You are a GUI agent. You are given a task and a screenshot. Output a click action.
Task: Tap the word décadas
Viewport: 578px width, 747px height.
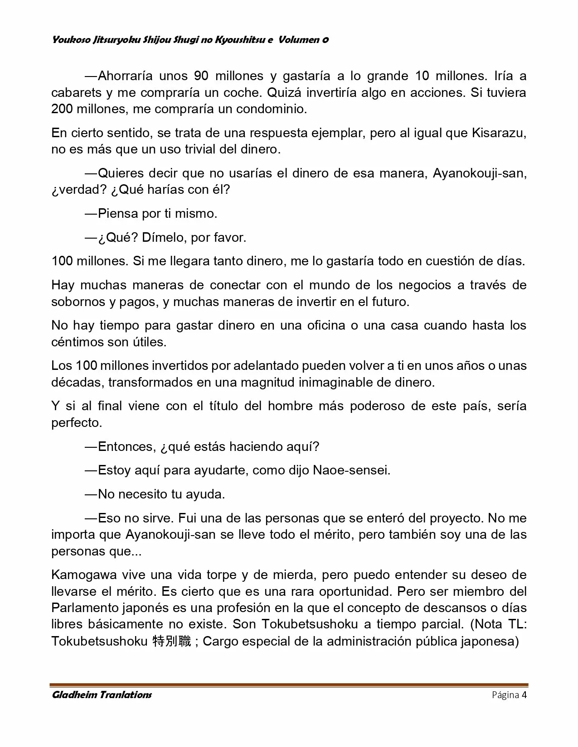(77, 383)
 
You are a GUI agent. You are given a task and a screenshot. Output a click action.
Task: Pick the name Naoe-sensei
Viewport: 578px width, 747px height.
(351, 470)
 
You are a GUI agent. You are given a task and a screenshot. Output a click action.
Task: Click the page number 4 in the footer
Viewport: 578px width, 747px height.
(524, 695)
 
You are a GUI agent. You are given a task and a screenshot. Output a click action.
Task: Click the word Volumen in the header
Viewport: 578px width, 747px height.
(299, 40)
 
